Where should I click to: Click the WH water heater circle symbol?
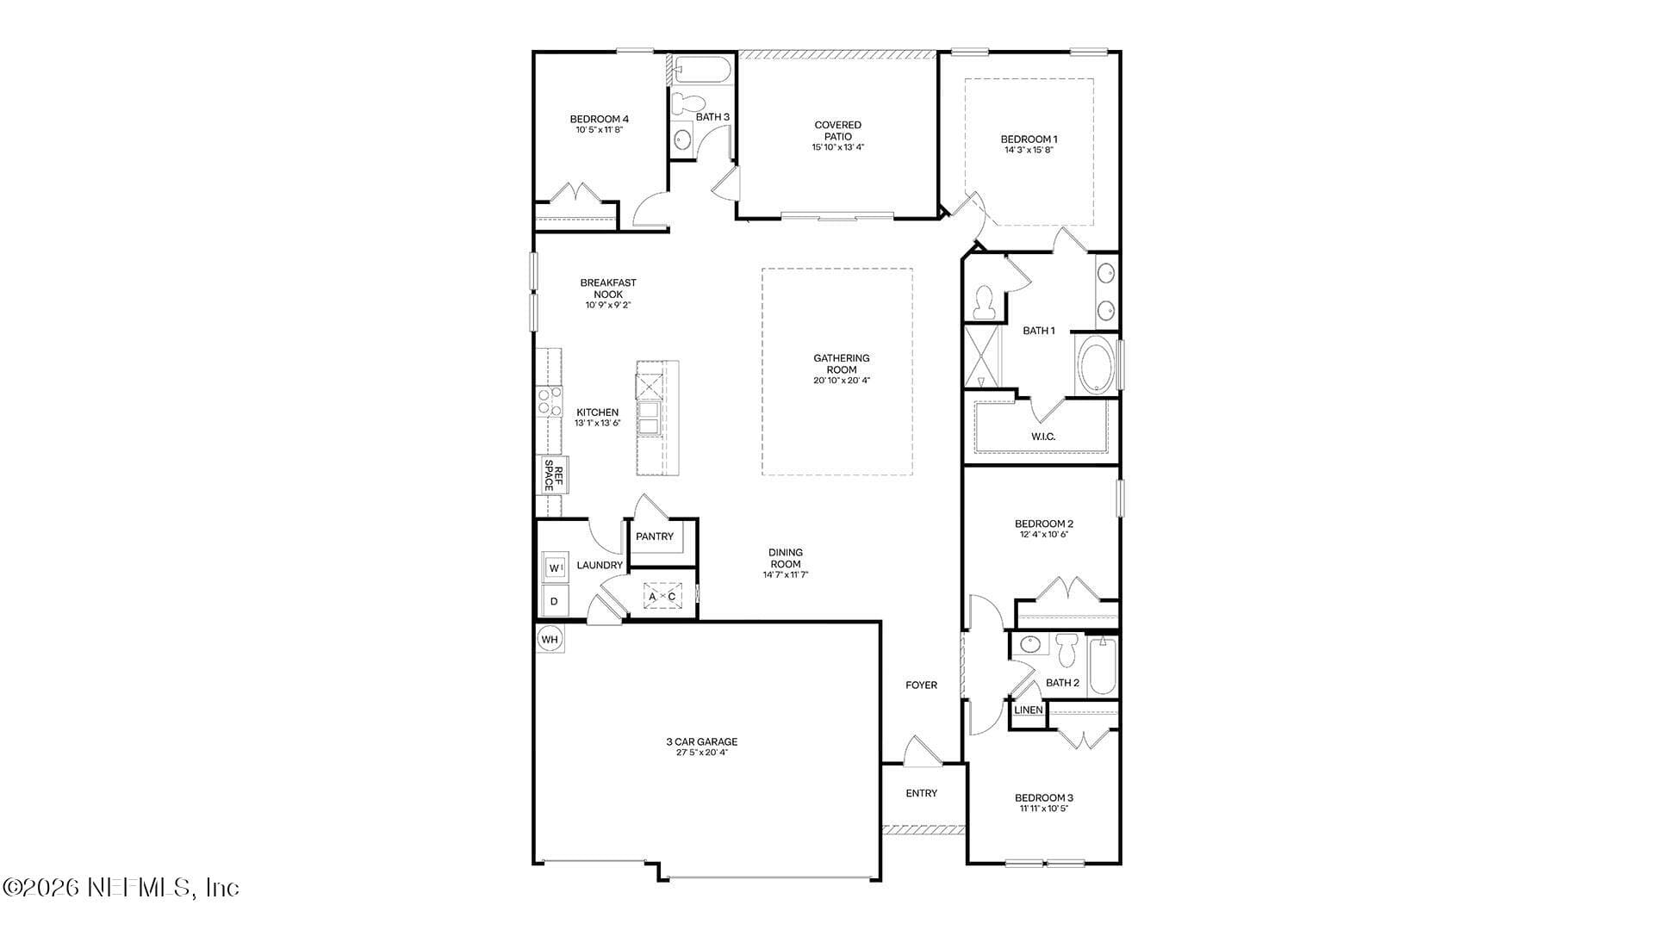point(550,639)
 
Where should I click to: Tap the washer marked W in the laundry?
point(555,567)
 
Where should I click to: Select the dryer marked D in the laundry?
point(554,601)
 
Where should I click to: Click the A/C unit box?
point(662,596)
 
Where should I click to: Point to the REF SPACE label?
point(552,475)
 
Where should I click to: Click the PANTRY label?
point(655,536)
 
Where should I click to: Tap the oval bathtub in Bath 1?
point(1096,365)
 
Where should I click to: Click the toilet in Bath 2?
point(1067,650)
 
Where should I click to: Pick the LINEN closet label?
point(1029,710)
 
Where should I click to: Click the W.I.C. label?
point(1043,437)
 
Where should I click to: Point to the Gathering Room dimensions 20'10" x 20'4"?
point(842,381)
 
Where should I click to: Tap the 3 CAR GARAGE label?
point(701,741)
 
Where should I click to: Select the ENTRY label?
point(922,793)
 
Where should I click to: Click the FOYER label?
point(921,685)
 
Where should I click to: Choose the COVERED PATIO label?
point(838,131)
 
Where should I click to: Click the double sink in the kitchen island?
point(649,421)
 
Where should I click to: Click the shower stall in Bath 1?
point(983,356)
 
